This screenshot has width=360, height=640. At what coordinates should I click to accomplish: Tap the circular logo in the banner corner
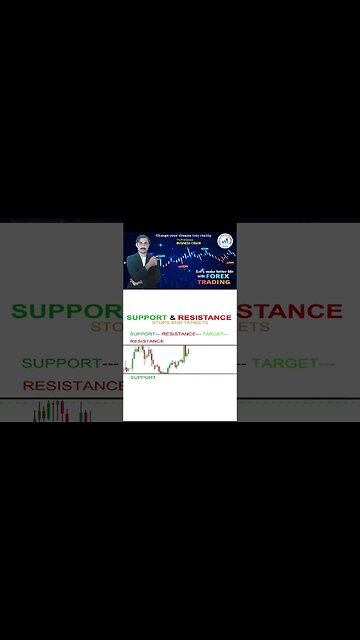coord(225,241)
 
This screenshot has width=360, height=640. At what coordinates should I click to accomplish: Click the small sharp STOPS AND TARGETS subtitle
coord(180,324)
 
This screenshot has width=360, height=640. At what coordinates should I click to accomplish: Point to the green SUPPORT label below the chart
coord(143,378)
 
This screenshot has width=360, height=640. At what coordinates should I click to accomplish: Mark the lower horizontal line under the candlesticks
coord(180,373)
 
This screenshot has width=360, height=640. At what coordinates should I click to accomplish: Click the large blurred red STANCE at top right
coord(291,311)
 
